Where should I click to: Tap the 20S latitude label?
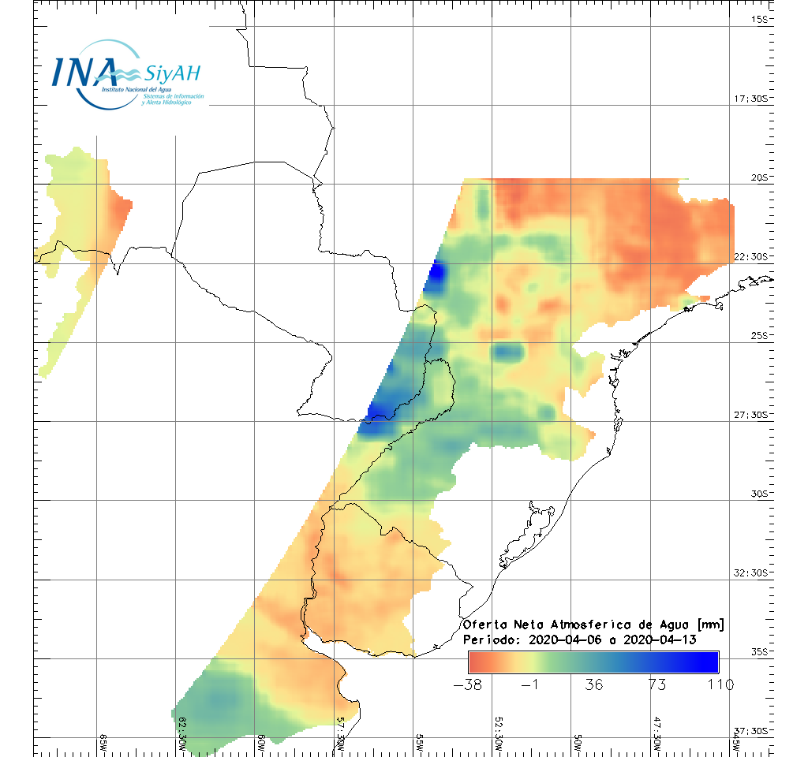point(759,178)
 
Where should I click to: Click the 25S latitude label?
point(759,336)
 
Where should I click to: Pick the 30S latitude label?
point(759,494)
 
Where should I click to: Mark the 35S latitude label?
point(759,652)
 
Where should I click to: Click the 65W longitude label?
point(103,743)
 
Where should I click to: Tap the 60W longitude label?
point(261,743)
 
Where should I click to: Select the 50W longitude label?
point(578,743)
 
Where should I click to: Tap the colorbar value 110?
point(720,684)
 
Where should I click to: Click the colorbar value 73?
point(656,684)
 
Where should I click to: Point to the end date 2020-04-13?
point(660,640)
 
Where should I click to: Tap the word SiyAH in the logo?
point(172,74)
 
